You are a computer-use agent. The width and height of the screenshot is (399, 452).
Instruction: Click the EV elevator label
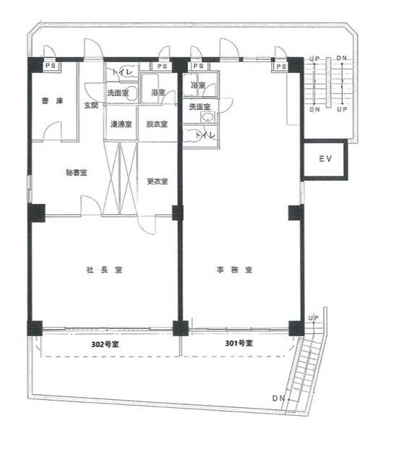[325, 158]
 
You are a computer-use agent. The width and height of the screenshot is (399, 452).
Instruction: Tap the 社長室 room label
[104, 270]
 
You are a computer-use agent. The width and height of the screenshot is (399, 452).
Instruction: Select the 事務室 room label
[234, 270]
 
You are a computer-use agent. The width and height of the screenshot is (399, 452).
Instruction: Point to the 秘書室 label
[77, 173]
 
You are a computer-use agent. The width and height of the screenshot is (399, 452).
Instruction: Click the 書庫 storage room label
[52, 101]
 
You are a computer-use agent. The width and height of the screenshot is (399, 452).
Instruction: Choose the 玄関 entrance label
[91, 105]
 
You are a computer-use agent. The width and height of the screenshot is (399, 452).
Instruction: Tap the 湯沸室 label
[121, 124]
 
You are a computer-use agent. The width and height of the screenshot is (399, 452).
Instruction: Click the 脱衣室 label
[157, 124]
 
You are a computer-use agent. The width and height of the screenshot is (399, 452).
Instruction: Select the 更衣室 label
[158, 182]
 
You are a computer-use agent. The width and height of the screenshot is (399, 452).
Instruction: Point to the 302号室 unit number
[105, 344]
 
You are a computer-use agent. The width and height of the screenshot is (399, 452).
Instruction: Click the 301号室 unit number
[239, 344]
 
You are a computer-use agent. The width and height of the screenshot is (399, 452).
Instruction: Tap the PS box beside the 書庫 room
[51, 66]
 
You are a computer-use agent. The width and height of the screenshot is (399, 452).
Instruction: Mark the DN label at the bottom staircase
[278, 398]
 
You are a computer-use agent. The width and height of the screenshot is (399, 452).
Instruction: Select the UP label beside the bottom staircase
[314, 318]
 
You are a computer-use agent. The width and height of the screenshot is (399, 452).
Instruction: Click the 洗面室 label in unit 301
[199, 107]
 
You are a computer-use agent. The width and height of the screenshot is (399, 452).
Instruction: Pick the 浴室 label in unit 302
[158, 93]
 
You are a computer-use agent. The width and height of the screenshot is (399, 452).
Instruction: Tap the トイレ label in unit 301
[205, 135]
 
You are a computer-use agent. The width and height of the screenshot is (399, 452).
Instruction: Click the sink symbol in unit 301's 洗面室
[207, 117]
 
